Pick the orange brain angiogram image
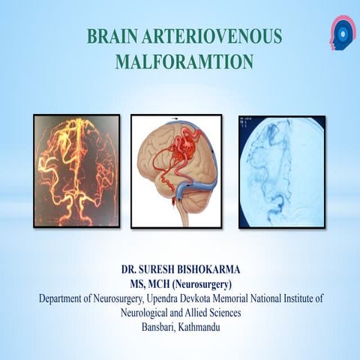76,171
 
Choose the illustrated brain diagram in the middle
176,171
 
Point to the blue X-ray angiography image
281,171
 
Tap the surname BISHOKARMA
218,268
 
